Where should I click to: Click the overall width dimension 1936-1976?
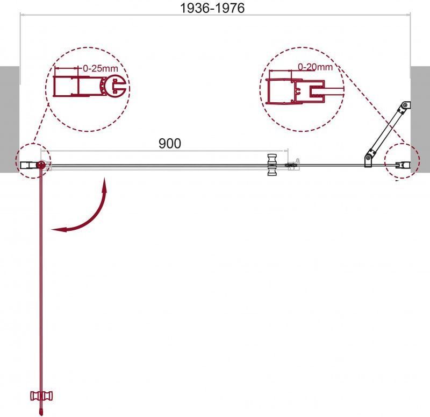click(x=212, y=8)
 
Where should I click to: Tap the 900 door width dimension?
click(x=170, y=143)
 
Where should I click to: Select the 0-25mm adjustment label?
click(x=101, y=68)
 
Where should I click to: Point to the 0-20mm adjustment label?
click(x=315, y=67)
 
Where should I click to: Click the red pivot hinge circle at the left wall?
click(x=41, y=165)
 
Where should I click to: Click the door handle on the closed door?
click(x=272, y=165)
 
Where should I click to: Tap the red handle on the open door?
click(x=41, y=395)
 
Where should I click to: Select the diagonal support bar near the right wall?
click(x=386, y=135)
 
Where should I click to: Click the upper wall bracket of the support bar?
click(x=405, y=107)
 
